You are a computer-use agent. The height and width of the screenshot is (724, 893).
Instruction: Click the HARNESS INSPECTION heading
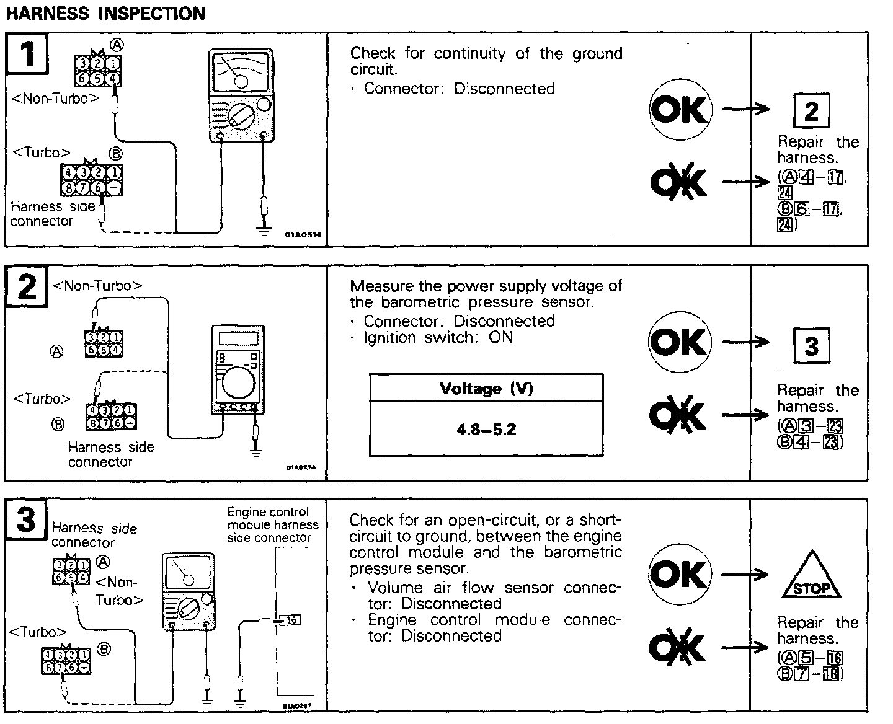pyautogui.click(x=105, y=13)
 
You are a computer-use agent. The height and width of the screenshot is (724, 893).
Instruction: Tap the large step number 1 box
pyautogui.click(x=27, y=55)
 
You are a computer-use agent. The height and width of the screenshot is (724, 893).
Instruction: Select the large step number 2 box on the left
pyautogui.click(x=27, y=288)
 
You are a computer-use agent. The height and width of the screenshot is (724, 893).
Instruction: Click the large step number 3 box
pyautogui.click(x=26, y=519)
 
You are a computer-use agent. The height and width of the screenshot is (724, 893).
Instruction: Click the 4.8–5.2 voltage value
pyautogui.click(x=486, y=429)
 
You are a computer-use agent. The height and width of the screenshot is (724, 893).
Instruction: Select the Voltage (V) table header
pyautogui.click(x=486, y=389)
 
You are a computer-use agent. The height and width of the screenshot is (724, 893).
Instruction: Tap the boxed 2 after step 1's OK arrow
pyautogui.click(x=811, y=112)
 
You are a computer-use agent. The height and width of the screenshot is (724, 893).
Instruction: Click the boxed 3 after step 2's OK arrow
pyautogui.click(x=811, y=345)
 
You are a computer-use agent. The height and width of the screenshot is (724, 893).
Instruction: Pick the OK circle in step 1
pyautogui.click(x=680, y=110)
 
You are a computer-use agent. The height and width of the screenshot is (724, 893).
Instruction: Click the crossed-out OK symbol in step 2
pyautogui.click(x=678, y=414)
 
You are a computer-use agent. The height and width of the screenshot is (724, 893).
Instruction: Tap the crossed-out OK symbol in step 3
pyautogui.click(x=677, y=647)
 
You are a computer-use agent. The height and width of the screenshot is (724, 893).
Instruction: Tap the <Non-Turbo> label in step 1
pyautogui.click(x=56, y=98)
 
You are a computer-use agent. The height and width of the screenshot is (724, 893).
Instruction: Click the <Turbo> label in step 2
pyautogui.click(x=42, y=399)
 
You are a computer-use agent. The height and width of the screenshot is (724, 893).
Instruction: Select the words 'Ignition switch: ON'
pyautogui.click(x=438, y=338)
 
